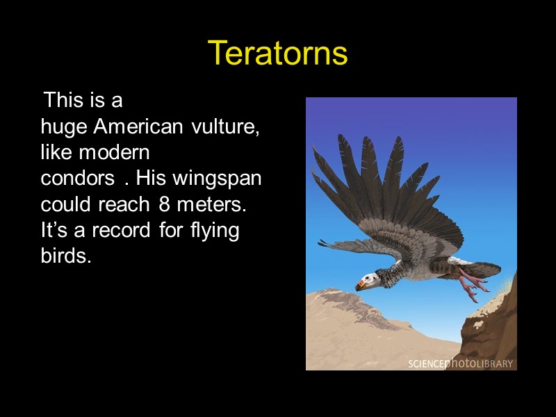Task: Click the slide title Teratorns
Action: [277, 53]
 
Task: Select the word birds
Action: [66, 255]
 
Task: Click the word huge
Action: [64, 128]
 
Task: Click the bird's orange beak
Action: [361, 284]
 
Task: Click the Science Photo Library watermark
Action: [460, 363]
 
